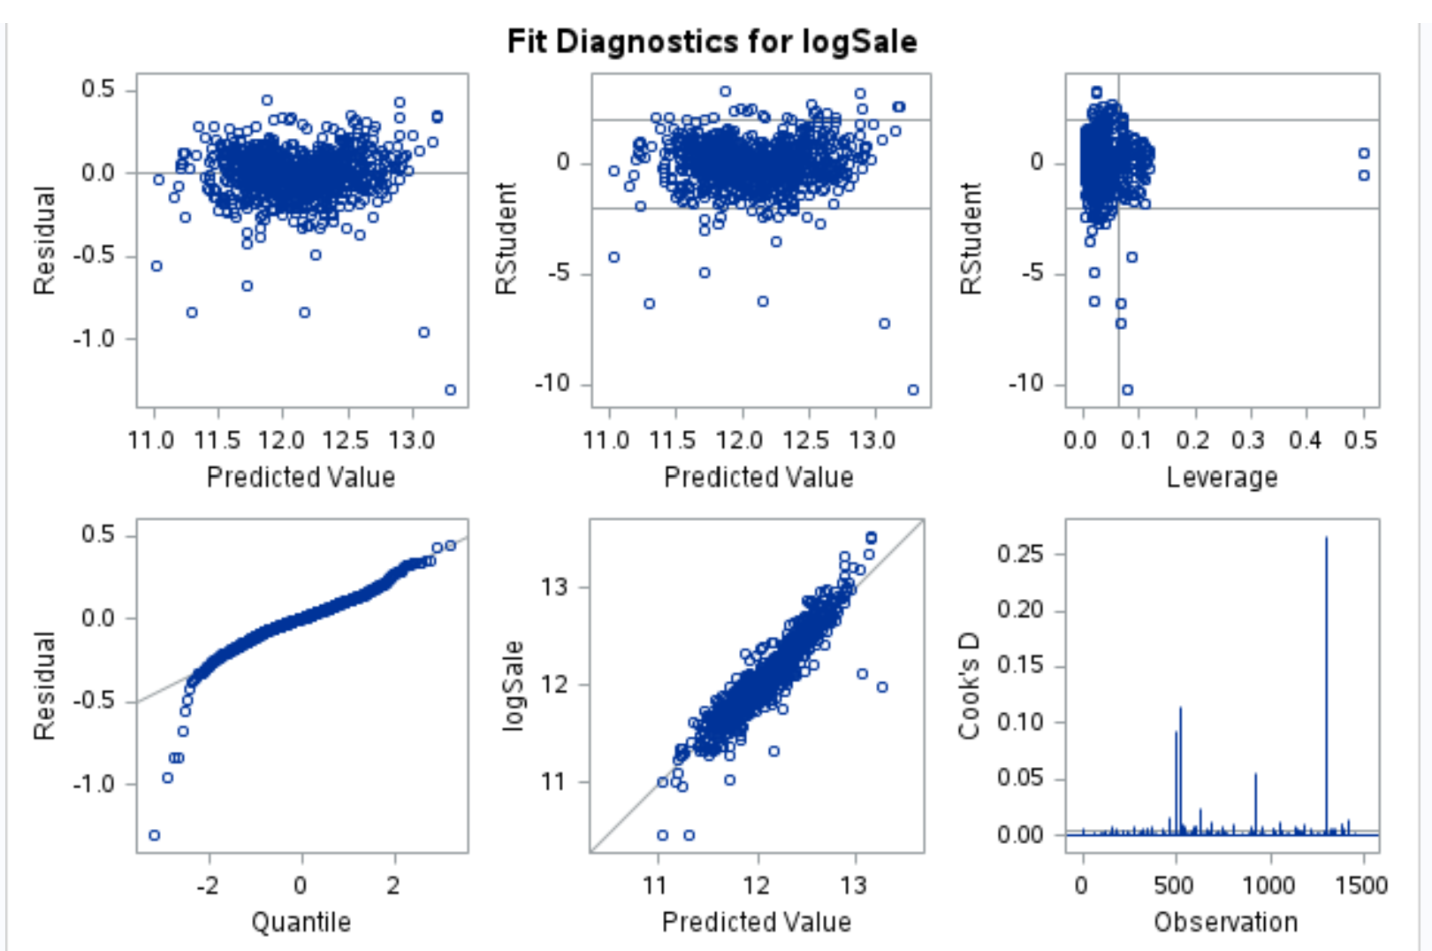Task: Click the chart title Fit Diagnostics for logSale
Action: [x=712, y=42]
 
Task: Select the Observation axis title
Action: [x=1225, y=922]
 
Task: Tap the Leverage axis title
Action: [x=1222, y=477]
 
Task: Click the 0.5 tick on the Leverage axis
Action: [x=1361, y=440]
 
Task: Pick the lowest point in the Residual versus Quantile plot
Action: [x=155, y=835]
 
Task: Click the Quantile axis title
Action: [x=301, y=922]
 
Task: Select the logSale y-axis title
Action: [x=513, y=686]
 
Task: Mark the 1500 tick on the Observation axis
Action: [x=1361, y=885]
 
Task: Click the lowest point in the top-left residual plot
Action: [x=450, y=390]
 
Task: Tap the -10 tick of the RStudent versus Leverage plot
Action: [x=1025, y=384]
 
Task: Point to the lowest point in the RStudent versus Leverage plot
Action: [x=1127, y=390]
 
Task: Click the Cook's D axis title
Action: [x=970, y=686]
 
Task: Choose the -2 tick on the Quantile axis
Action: [x=207, y=885]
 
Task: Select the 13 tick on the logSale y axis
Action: [x=555, y=587]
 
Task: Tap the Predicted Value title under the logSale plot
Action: [x=757, y=922]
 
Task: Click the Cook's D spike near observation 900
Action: [x=1255, y=775]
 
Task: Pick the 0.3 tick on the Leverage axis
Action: [x=1248, y=440]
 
